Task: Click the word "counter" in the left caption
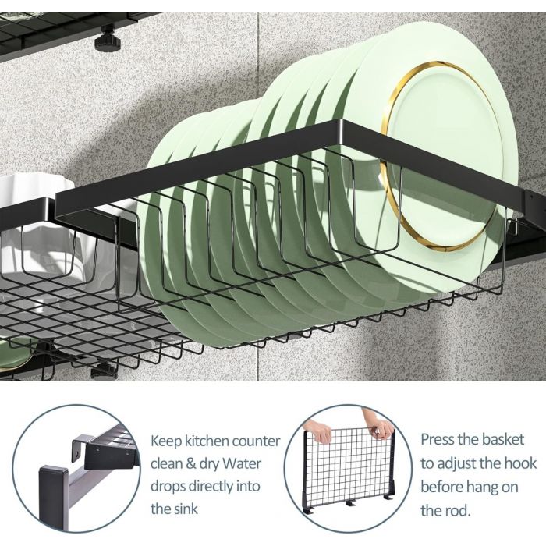pos(256,441)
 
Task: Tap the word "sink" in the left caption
pos(186,509)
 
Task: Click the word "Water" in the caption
pos(242,464)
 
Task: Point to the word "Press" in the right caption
pos(438,439)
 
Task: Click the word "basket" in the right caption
pos(502,439)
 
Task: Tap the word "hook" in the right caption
pos(520,463)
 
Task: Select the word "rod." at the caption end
pos(457,511)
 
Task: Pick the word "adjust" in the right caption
pos(457,465)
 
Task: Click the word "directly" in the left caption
pos(216,487)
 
